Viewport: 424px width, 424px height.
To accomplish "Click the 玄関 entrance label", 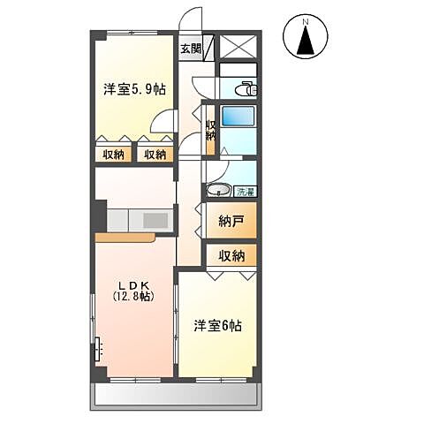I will [191, 49].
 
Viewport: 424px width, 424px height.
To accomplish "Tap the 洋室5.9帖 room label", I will [135, 89].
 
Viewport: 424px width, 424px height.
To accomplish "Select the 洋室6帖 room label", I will [218, 326].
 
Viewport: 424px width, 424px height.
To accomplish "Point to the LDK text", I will [134, 284].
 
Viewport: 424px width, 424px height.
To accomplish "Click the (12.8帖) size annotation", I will [134, 297].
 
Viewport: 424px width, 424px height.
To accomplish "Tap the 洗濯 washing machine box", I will [244, 191].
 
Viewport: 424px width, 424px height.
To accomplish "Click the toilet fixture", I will [246, 88].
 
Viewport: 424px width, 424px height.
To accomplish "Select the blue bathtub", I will [237, 118].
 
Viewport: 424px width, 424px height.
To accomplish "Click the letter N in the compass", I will [305, 20].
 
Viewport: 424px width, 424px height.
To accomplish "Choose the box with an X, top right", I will [238, 47].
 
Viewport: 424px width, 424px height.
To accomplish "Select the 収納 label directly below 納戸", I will [232, 256].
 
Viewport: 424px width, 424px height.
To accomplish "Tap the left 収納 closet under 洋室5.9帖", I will [113, 155].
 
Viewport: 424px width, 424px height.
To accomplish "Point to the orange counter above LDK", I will [126, 237].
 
